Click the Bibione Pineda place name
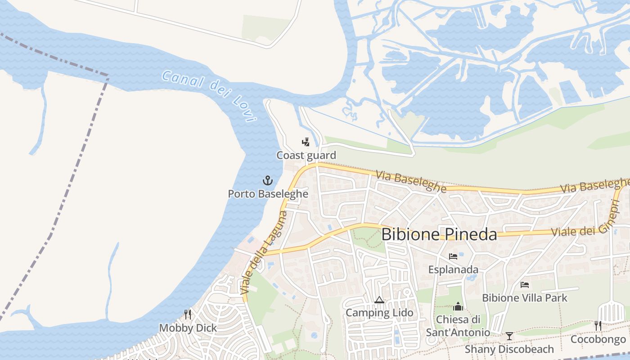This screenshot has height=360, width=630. point(439,234)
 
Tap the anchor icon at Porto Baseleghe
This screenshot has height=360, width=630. point(268,181)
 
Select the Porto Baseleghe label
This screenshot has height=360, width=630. point(268,194)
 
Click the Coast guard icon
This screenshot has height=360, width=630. point(306,143)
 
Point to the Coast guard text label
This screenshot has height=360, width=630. point(306,156)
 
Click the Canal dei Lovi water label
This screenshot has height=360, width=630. point(209,95)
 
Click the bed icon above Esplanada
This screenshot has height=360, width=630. point(453,256)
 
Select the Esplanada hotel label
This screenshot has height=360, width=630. point(453,270)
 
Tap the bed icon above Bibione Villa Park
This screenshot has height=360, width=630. point(524,285)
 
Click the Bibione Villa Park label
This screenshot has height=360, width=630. point(524,298)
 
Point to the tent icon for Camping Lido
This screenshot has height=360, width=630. point(379,300)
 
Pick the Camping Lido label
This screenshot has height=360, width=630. point(379,313)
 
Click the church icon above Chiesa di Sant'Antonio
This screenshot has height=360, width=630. point(458,306)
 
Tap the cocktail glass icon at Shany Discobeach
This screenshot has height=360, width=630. point(509,336)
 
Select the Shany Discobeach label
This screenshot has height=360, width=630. point(509,349)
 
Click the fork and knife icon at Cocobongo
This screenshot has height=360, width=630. point(598,326)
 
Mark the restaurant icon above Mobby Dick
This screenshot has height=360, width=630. point(188,314)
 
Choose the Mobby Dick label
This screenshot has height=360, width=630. point(188,328)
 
